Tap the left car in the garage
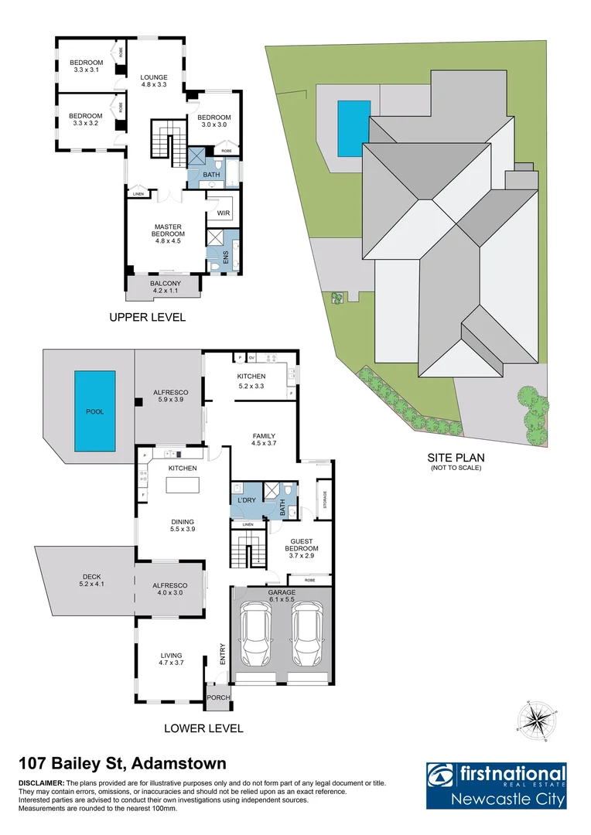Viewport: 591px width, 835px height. tap(256, 635)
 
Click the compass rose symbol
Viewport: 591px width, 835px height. tap(535, 718)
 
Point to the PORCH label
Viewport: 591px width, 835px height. tap(218, 697)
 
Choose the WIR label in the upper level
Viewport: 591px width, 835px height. tap(224, 213)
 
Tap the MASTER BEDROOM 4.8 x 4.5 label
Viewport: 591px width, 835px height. tap(168, 233)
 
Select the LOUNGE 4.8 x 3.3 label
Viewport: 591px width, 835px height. tap(154, 81)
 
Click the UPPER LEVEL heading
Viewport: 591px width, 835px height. tap(148, 318)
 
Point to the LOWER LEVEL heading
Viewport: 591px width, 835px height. tap(204, 728)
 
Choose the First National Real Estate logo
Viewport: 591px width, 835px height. tap(496, 786)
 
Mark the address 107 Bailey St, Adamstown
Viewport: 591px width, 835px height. tap(122, 764)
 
